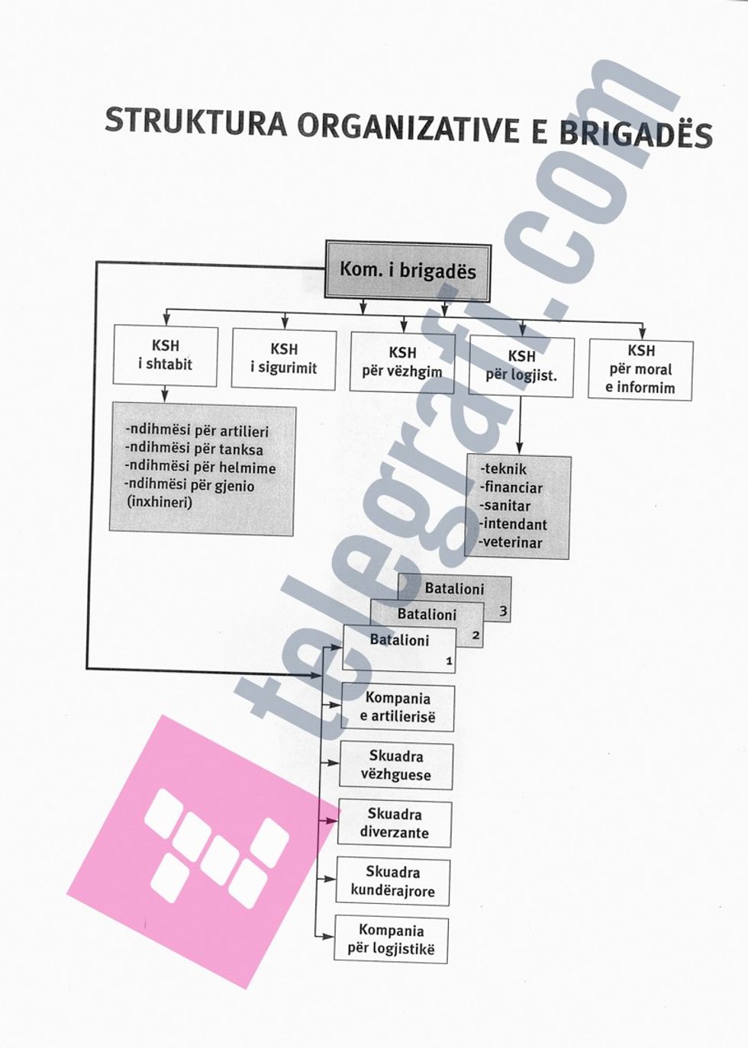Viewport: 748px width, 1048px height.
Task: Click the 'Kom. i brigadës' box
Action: [x=408, y=271]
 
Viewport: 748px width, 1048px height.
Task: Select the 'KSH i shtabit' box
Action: [x=165, y=355]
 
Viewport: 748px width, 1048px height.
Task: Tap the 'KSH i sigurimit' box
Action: [x=283, y=359]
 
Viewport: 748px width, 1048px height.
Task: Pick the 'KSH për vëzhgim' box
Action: [x=402, y=363]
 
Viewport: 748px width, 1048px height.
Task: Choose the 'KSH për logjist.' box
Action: [x=521, y=366]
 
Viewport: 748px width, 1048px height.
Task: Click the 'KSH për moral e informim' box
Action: [x=640, y=370]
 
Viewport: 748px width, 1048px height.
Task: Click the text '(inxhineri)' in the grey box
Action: [x=160, y=503]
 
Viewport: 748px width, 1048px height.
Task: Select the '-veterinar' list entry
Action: [x=511, y=543]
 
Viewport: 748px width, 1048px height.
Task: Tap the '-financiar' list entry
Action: [x=511, y=487]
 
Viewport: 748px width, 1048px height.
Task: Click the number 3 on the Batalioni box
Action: [x=503, y=611]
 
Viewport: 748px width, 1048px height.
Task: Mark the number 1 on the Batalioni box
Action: [x=449, y=661]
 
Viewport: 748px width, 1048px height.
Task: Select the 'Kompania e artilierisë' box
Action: [x=398, y=708]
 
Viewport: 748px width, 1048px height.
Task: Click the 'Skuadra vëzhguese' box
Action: [x=396, y=766]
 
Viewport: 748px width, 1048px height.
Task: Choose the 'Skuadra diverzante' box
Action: [x=395, y=824]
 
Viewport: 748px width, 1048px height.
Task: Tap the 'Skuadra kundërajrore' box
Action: [x=393, y=882]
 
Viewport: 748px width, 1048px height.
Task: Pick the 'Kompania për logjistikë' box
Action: [x=392, y=940]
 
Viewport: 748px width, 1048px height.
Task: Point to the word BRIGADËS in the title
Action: [x=636, y=134]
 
